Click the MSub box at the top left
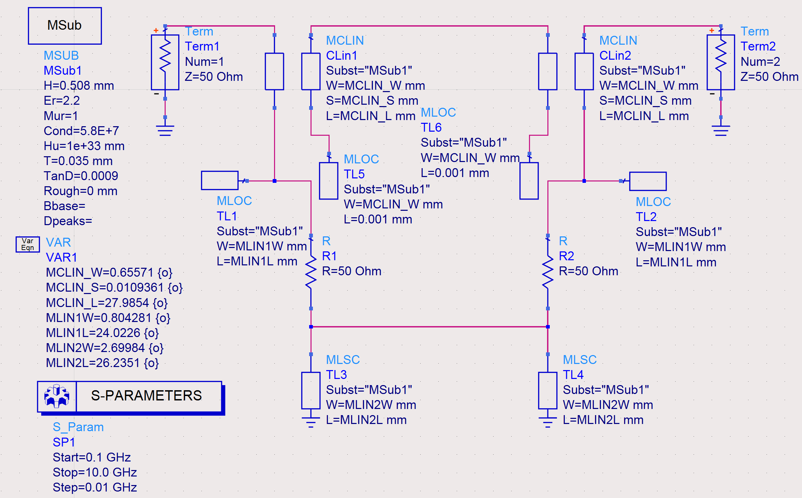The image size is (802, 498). point(65,26)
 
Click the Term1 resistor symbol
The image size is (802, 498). point(165,62)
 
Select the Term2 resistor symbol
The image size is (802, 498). point(721,62)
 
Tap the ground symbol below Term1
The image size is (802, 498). point(165,130)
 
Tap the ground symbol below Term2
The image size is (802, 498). point(721,130)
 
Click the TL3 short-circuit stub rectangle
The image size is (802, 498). point(311,390)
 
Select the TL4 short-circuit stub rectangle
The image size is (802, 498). point(547,390)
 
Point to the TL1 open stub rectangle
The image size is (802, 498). point(220,180)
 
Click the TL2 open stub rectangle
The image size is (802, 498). point(648,181)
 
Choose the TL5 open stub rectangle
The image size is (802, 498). point(329,181)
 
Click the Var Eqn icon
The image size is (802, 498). point(28,244)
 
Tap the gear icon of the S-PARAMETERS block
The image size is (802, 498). point(57,396)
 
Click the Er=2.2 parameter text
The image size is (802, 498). point(62,101)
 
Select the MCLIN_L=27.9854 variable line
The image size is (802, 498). point(107,303)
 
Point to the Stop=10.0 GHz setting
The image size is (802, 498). point(95,472)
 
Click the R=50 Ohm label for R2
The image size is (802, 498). point(588,271)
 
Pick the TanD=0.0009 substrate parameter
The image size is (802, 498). point(81,176)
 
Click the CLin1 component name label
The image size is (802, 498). point(342,56)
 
